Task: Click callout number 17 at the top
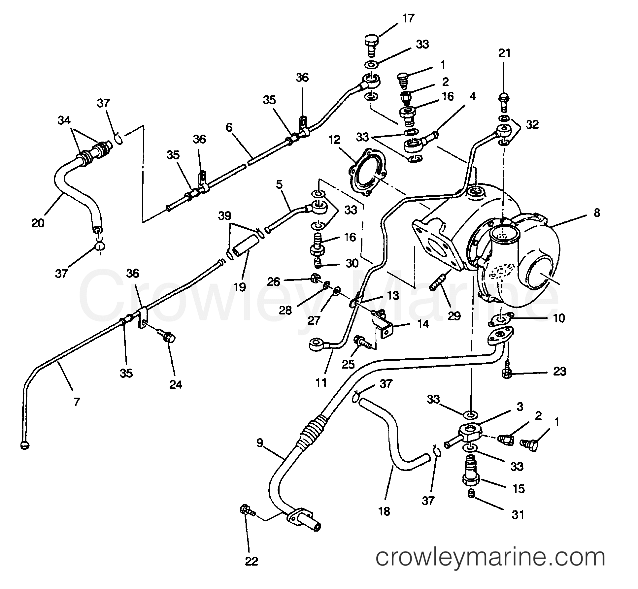click(x=408, y=18)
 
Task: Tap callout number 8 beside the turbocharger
click(x=597, y=213)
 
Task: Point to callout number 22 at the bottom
click(x=251, y=561)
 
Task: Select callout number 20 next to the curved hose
click(x=38, y=223)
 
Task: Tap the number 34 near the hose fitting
click(x=64, y=120)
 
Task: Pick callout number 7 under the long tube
click(x=77, y=402)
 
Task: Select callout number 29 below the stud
click(x=454, y=316)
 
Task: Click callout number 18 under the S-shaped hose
click(x=385, y=511)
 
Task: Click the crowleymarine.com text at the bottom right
click(x=490, y=558)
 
